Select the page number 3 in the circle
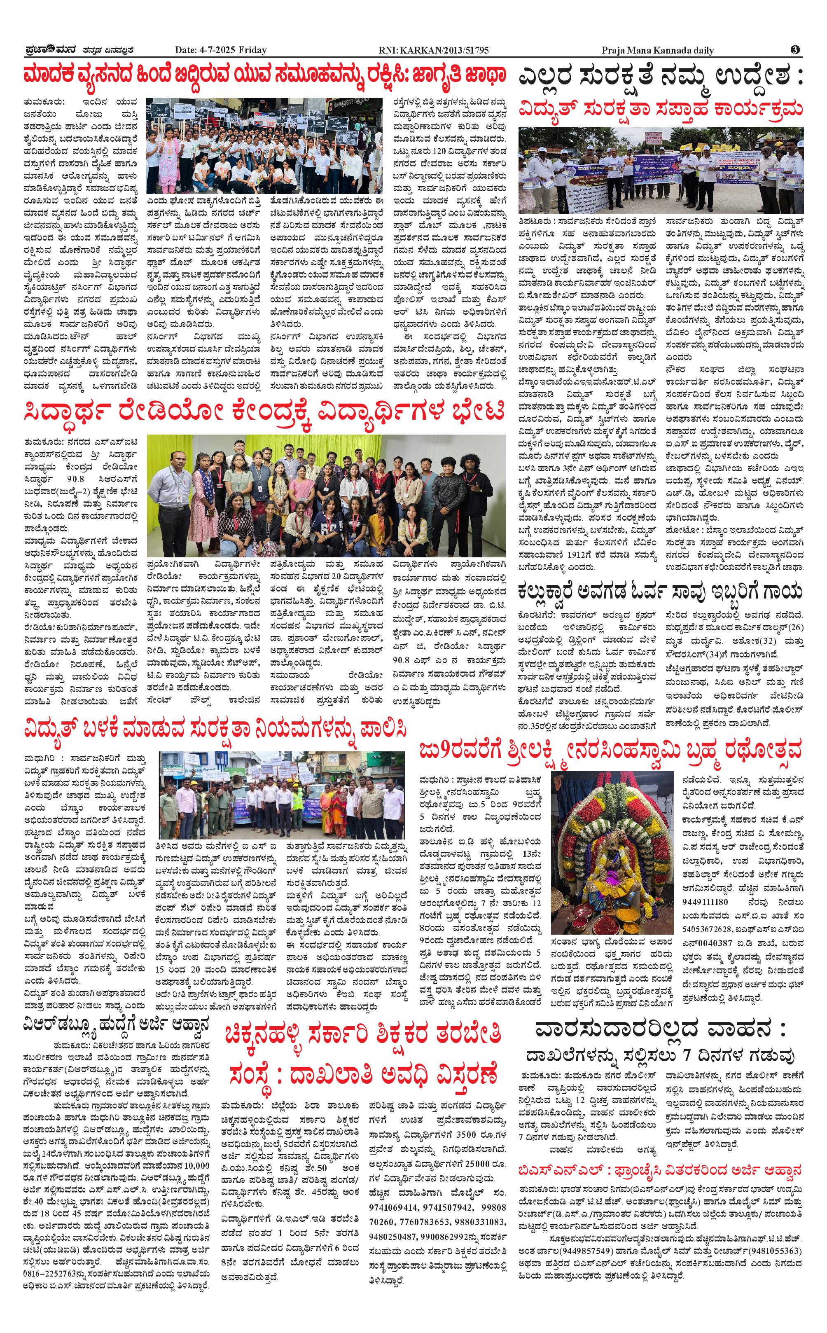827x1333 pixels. point(795,50)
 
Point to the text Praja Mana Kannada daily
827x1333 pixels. point(657,50)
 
